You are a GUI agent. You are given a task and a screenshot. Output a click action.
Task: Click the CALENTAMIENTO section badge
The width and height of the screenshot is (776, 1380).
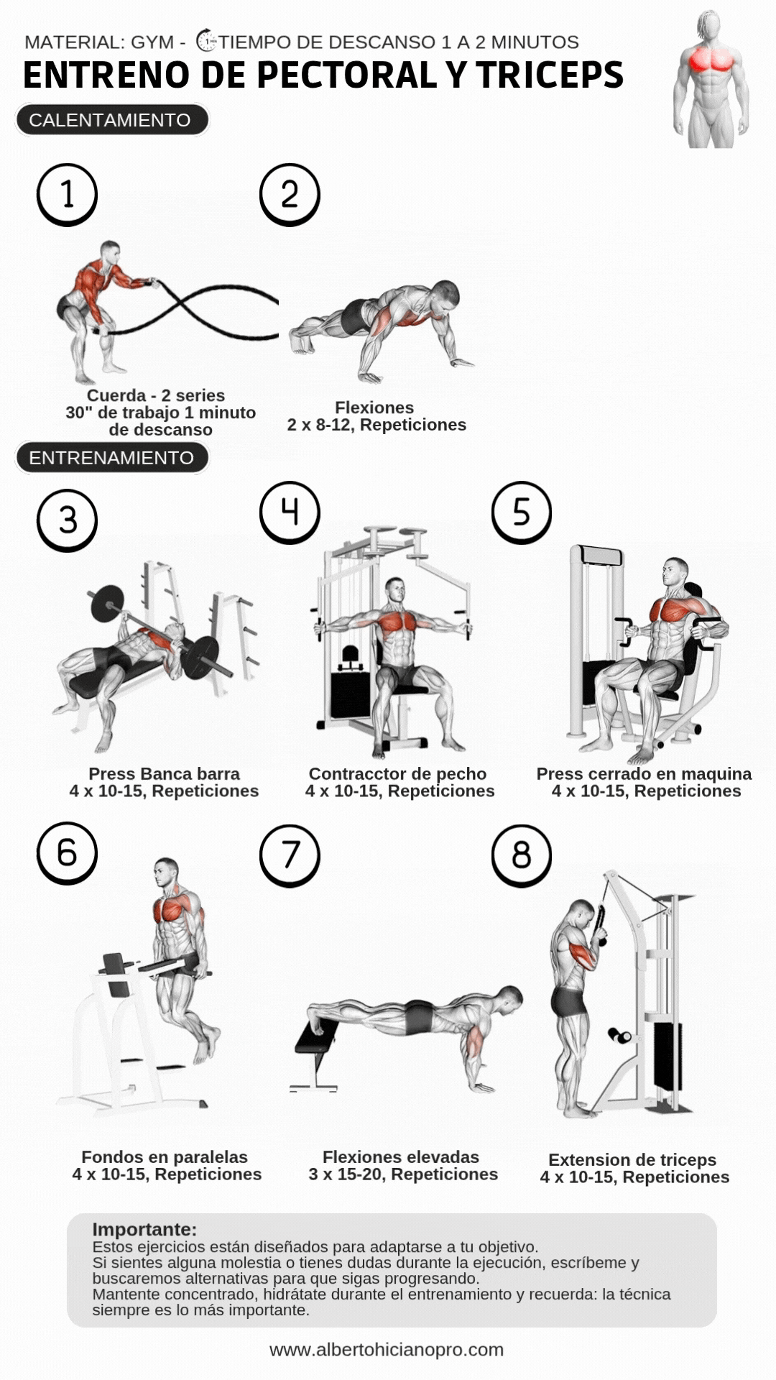point(111,120)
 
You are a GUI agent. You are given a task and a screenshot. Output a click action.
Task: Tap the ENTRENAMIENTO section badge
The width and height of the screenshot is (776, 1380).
point(111,458)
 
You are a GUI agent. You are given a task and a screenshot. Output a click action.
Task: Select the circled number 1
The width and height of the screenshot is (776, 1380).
point(68,195)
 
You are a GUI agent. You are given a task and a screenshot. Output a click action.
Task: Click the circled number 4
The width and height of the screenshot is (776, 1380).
point(290,512)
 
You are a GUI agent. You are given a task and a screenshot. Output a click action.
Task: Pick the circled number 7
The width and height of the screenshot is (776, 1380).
point(290,855)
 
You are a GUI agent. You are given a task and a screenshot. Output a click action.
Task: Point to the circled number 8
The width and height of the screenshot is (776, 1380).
point(522,855)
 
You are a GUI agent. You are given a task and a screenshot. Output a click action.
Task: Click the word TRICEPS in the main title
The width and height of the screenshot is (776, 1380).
point(550,75)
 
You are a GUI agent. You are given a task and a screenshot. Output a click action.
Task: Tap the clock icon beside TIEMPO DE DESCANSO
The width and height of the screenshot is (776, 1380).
point(207,41)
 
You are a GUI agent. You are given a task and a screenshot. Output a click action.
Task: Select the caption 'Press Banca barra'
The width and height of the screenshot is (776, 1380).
point(164,774)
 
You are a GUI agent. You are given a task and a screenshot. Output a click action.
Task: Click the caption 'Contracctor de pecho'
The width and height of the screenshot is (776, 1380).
point(397,774)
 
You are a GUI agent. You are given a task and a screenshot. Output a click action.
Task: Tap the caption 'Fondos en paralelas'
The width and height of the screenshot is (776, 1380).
point(165,1157)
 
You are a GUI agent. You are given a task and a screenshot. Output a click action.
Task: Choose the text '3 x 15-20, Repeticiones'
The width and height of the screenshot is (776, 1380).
point(403,1174)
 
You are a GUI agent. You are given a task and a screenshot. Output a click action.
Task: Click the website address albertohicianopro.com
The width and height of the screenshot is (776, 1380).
point(387,1350)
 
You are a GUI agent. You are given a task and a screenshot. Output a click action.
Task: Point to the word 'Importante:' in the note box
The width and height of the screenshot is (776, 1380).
point(144,1229)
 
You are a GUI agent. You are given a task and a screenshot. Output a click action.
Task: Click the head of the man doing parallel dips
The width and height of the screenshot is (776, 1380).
point(167,873)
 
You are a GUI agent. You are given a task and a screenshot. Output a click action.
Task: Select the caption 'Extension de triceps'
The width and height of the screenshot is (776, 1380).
point(632,1160)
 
